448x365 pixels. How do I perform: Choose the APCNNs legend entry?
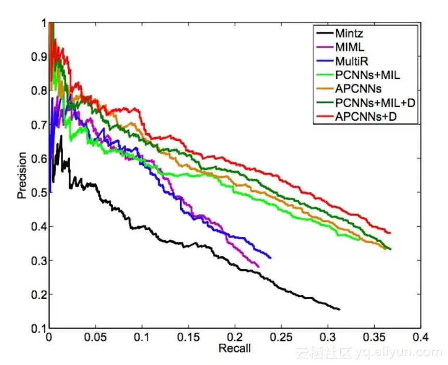coord(359,89)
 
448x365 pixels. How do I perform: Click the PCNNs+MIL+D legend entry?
coord(375,103)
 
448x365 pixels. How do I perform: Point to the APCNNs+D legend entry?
coord(365,117)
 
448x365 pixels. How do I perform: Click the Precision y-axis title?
coord(22,175)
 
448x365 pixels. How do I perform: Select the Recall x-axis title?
coord(234,348)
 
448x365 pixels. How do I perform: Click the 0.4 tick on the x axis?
coord(420,337)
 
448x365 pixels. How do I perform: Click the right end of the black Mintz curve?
coord(339,309)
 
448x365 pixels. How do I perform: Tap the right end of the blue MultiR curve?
coord(270,257)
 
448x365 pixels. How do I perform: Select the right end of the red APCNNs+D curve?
coord(390,233)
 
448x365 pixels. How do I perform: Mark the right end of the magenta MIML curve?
coord(258,266)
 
